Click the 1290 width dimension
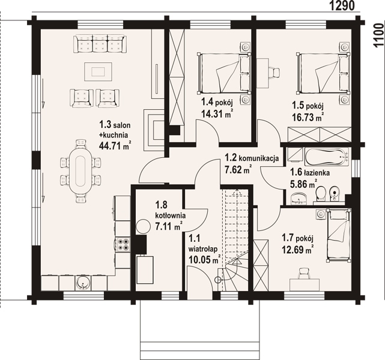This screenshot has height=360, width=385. [342, 5]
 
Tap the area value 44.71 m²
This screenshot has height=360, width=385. [115, 146]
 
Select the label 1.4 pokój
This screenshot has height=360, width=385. [217, 101]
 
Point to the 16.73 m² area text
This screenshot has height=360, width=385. [307, 117]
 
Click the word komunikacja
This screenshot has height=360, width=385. [258, 158]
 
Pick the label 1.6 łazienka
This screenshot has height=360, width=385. [310, 172]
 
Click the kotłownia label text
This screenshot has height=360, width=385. [171, 215]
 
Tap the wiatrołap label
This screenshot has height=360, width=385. [203, 249]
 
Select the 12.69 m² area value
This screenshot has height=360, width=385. [297, 250]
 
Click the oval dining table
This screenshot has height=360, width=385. [80, 170]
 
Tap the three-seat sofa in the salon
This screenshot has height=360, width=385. [100, 44]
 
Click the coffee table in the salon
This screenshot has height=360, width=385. [99, 71]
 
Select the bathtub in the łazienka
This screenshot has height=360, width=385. [327, 157]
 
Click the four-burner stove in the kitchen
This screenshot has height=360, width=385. [123, 244]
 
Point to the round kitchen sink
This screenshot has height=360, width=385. [83, 283]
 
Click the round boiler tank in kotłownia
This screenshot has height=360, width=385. [143, 226]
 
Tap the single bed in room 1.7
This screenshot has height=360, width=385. [338, 235]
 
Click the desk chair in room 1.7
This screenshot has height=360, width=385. [305, 272]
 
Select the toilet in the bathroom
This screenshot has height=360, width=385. [320, 193]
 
